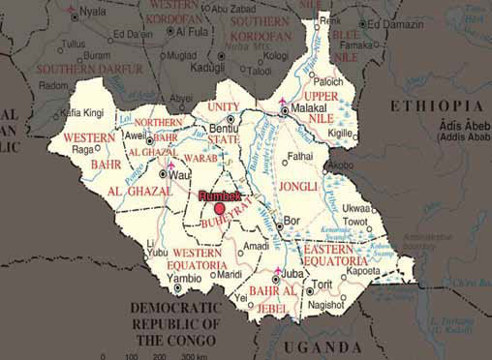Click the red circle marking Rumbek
tap(220, 208)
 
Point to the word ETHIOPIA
tap(435, 105)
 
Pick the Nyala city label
tap(94, 13)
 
